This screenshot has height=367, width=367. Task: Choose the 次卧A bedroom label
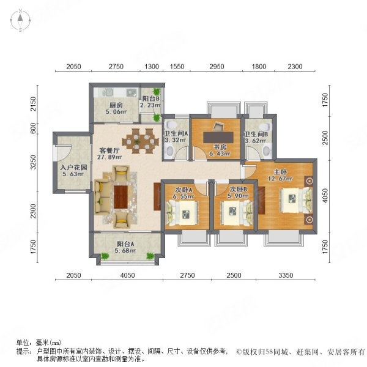[x=182, y=189]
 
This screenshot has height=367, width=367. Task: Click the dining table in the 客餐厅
[x=140, y=141]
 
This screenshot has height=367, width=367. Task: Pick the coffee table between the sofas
[x=120, y=196]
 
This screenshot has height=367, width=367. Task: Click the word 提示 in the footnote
[x=24, y=351]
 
